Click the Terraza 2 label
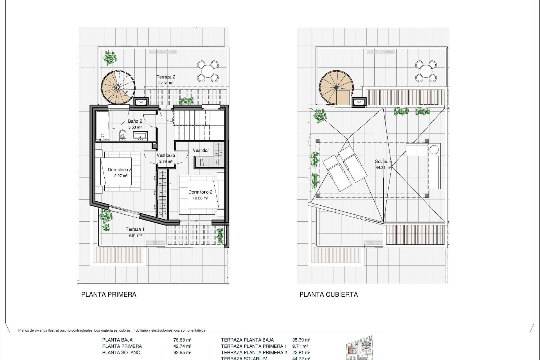[166, 77]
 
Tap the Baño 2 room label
[135, 121]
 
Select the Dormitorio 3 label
[120, 170]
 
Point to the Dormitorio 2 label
[200, 192]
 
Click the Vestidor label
[201, 150]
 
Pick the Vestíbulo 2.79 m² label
[166, 158]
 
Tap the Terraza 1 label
[135, 229]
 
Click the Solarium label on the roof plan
[383, 162]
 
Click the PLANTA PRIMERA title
[109, 294]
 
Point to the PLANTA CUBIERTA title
[328, 294]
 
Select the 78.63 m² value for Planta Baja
[182, 340]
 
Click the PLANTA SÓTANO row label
[121, 352]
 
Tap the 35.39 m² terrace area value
[301, 340]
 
